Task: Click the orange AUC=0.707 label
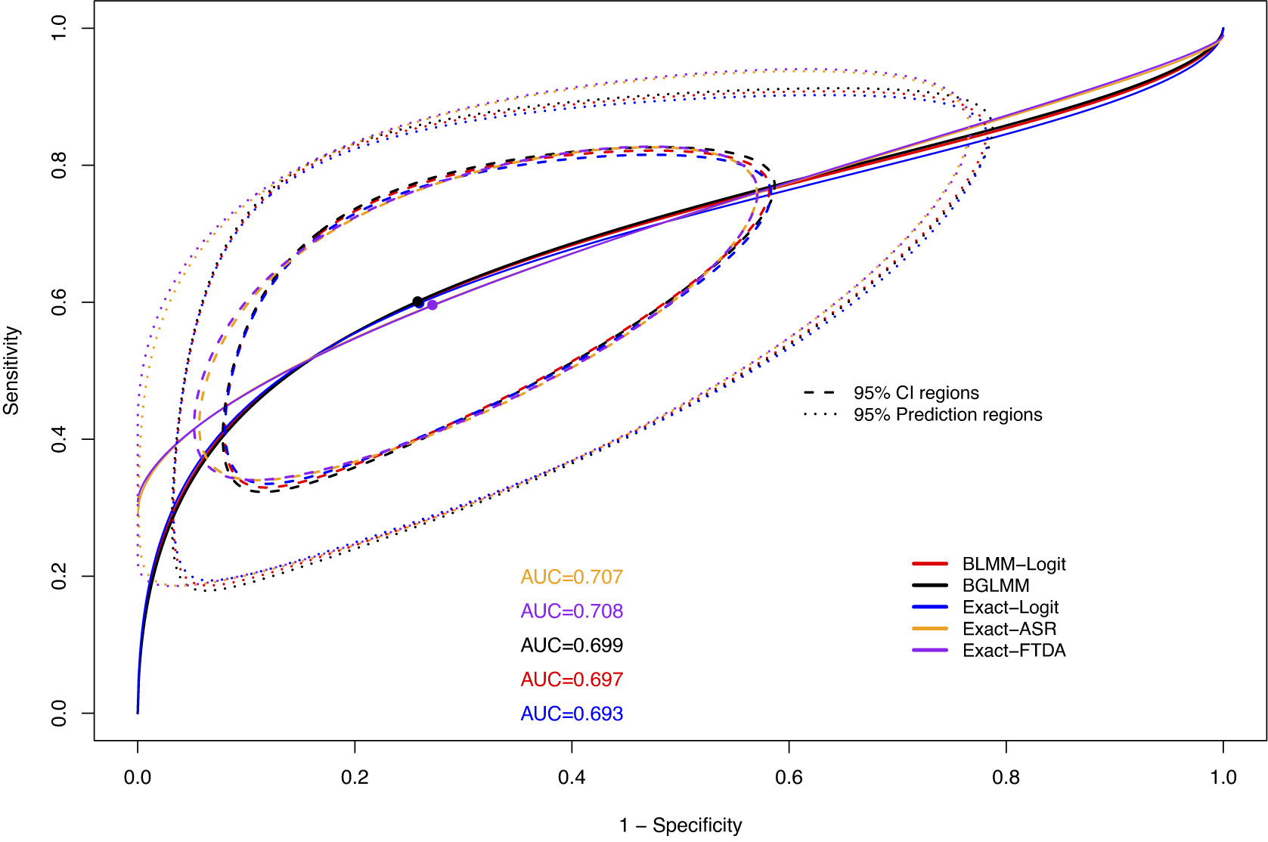(x=572, y=577)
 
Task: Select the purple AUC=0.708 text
(x=572, y=611)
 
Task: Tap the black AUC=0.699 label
(x=572, y=645)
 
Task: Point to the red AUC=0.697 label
(x=572, y=679)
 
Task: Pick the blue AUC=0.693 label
(x=572, y=714)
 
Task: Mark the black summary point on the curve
(x=417, y=302)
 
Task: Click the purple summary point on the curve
(x=432, y=305)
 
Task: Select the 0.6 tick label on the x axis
(x=789, y=777)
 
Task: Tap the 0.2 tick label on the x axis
(x=355, y=777)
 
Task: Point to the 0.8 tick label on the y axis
(x=59, y=166)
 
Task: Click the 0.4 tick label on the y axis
(x=59, y=439)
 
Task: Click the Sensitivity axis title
(x=11, y=370)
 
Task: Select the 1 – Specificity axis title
(x=681, y=825)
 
